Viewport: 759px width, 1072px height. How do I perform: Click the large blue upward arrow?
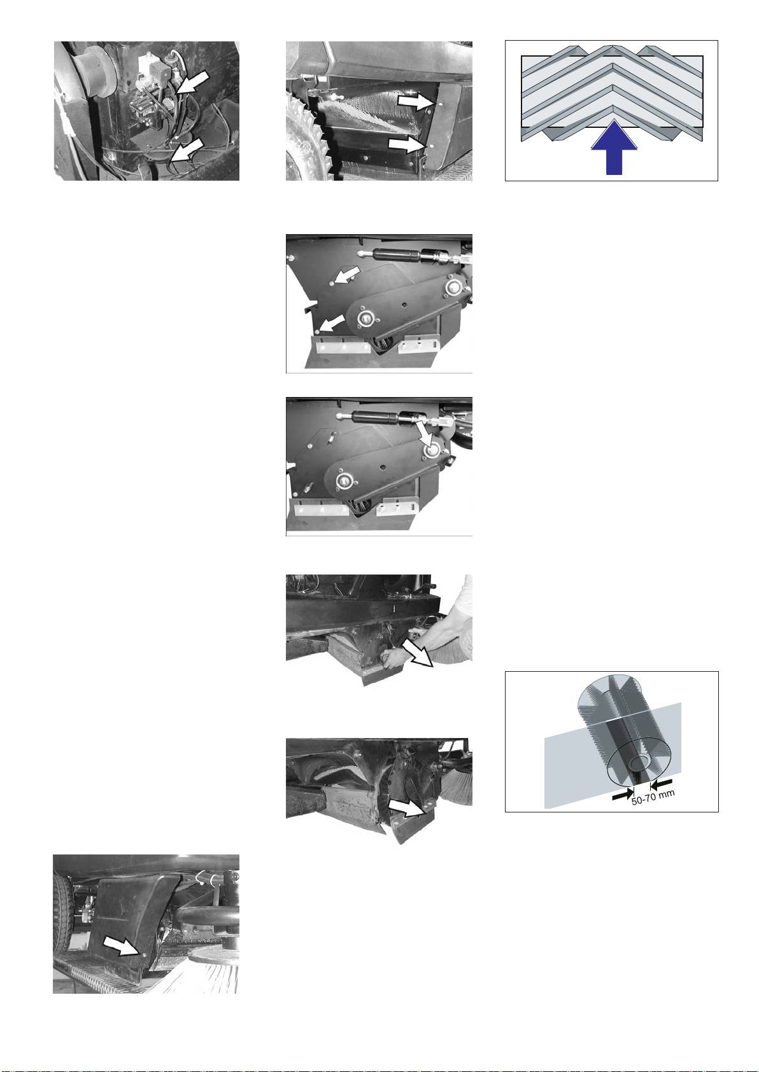tap(614, 150)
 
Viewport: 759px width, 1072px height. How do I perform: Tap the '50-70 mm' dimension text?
tap(653, 797)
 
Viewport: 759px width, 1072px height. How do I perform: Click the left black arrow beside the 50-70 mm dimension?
tap(623, 793)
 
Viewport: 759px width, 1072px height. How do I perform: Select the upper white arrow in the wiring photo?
tap(192, 81)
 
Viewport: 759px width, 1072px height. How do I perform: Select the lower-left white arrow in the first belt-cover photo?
tap(332, 323)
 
